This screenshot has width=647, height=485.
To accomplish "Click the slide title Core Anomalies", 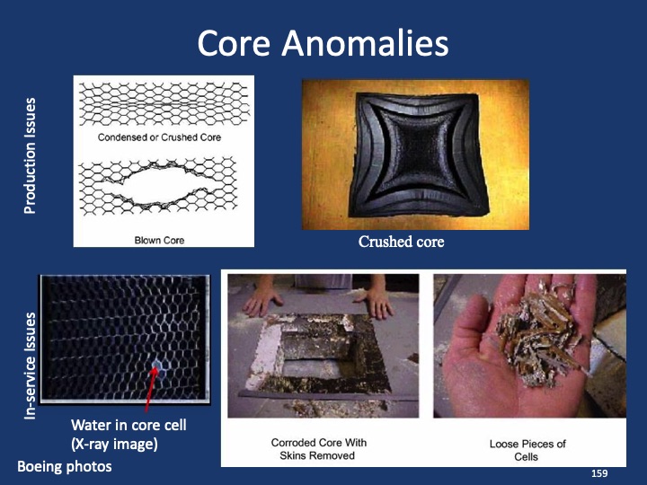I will pyautogui.click(x=323, y=42).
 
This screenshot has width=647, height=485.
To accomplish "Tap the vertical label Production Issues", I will pyautogui.click(x=30, y=155).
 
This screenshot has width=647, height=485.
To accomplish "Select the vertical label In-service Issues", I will pyautogui.click(x=30, y=366).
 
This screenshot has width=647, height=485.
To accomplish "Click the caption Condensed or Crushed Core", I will pyautogui.click(x=159, y=137).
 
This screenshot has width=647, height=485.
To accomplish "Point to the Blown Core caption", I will pyautogui.click(x=159, y=240).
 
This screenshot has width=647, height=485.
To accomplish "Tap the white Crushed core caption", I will pyautogui.click(x=401, y=242).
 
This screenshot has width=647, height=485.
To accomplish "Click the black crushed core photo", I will pyautogui.click(x=415, y=154).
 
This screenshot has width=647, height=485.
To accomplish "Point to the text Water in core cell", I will pyautogui.click(x=129, y=425).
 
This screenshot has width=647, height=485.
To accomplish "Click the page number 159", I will pyautogui.click(x=598, y=472).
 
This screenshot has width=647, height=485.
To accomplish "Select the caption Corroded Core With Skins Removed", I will pyautogui.click(x=318, y=449).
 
